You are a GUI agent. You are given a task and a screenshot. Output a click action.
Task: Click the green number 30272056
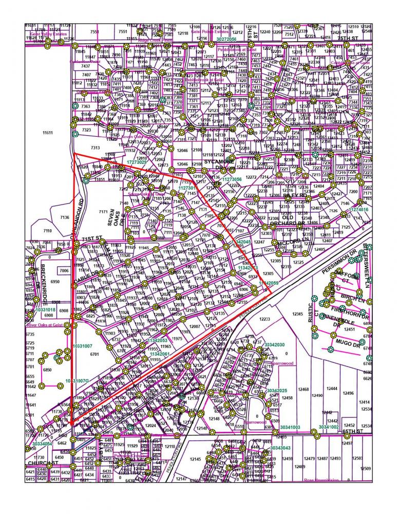[226, 39]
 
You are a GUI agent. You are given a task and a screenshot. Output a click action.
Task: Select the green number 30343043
[280, 448]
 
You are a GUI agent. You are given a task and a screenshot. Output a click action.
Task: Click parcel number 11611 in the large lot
[48, 133]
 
